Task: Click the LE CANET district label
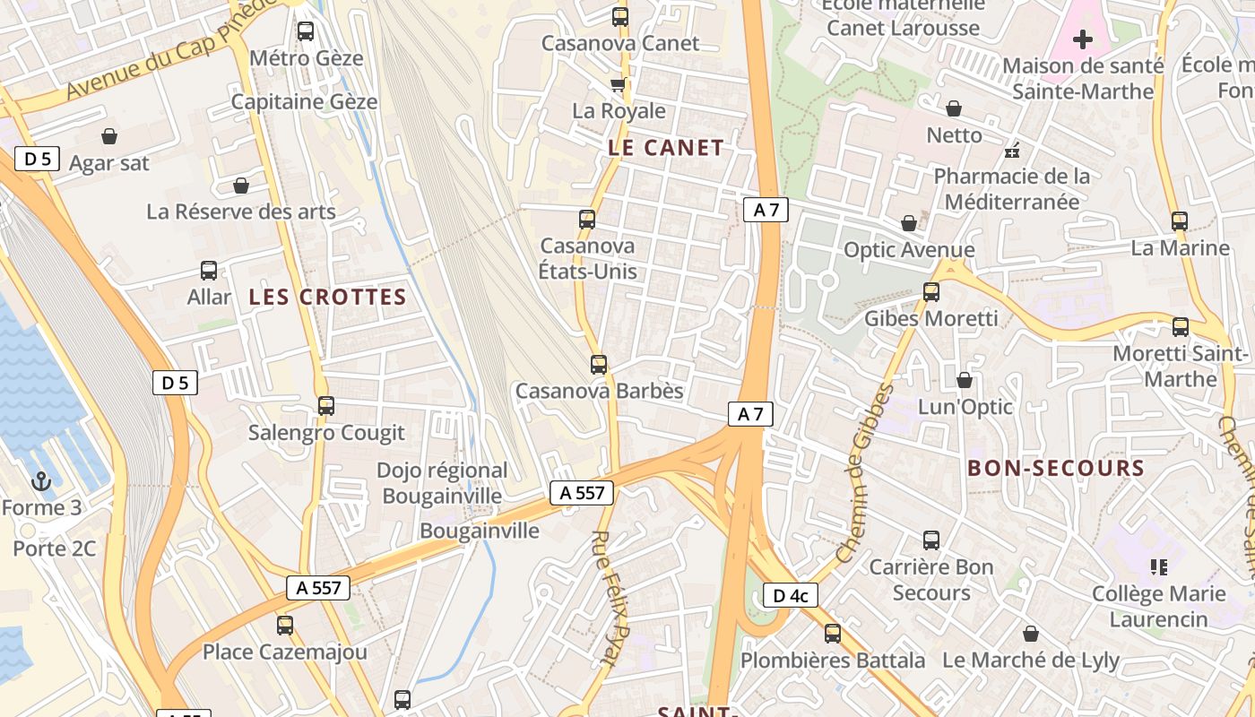tap(665, 148)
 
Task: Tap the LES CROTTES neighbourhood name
tap(327, 298)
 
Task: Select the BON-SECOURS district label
tap(1056, 468)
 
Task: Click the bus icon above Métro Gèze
tap(306, 31)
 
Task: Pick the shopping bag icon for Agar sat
tap(109, 136)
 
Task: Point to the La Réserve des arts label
tap(241, 212)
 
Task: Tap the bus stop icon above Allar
tap(209, 271)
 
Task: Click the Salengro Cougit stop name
tap(326, 433)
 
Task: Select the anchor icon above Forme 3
tap(41, 482)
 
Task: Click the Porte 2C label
tap(54, 549)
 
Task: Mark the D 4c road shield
tap(790, 595)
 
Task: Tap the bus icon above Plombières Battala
tap(833, 634)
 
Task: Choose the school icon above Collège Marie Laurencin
tap(1158, 566)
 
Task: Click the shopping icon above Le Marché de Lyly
tap(1031, 634)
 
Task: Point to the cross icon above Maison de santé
tap(1083, 39)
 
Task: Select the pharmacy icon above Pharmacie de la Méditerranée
tap(1013, 150)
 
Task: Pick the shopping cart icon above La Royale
tap(618, 85)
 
